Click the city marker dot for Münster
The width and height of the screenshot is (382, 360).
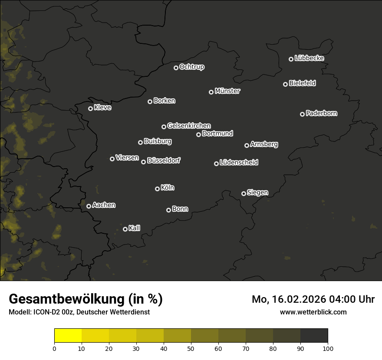pos(211,92)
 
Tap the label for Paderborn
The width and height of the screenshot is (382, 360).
pos(321,113)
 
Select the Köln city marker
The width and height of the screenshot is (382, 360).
pos(157,189)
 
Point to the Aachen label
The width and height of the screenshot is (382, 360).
pos(104,205)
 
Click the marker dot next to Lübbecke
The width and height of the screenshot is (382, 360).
pos(291,59)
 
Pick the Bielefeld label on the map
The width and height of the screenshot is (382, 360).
pos(302,83)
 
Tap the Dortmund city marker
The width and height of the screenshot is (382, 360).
pos(198,134)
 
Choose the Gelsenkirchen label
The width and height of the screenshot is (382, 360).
pos(189,126)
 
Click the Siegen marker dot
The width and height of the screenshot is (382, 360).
pos(244,193)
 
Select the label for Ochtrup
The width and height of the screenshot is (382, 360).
pos(191,67)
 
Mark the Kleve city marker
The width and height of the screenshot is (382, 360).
pos(90,108)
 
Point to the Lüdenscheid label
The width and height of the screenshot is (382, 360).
pos(239,163)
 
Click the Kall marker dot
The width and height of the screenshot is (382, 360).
pos(125,229)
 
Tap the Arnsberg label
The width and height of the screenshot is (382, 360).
pos(264,144)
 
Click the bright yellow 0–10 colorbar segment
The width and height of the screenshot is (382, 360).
pos(68,336)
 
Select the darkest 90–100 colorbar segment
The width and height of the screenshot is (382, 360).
pos(314,336)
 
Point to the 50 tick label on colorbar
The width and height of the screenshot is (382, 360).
pos(191,348)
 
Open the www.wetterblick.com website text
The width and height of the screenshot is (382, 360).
pos(313,312)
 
